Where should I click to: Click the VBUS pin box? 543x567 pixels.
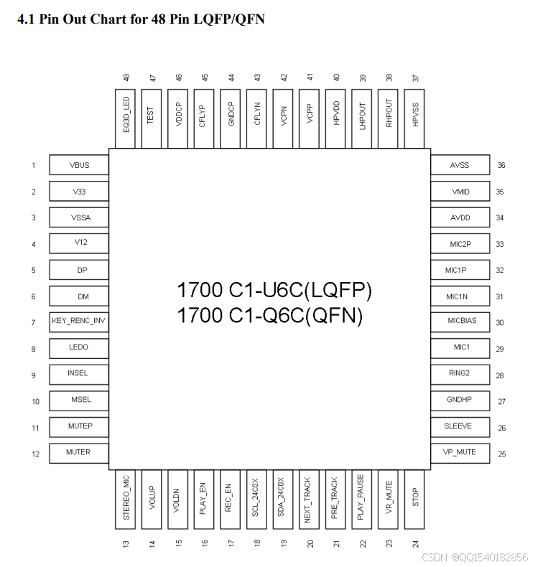(79, 165)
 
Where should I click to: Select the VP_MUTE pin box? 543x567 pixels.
(460, 453)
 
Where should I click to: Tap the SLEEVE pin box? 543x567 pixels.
(460, 426)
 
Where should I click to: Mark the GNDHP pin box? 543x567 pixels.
(460, 400)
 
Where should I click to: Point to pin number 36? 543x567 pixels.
(501, 165)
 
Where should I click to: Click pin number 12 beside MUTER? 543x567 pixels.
(34, 454)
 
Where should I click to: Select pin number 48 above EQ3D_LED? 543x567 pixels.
(126, 77)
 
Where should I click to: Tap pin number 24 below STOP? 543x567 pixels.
(416, 543)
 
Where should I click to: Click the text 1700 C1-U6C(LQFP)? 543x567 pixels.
(274, 291)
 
